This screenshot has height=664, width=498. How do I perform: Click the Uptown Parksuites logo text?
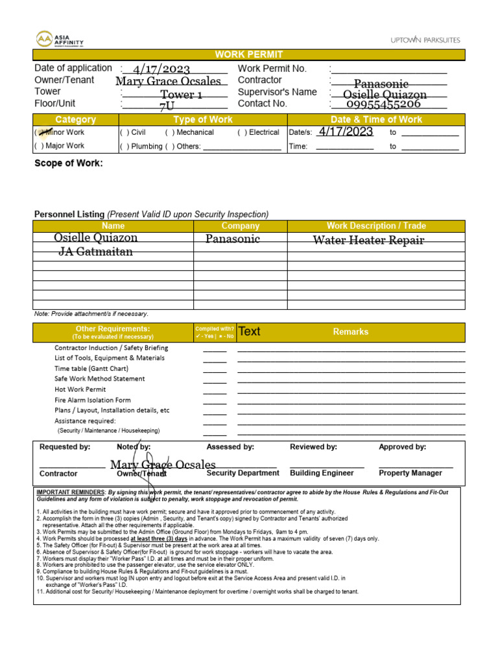pos(425,40)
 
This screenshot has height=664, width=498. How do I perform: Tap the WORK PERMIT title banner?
pos(249,55)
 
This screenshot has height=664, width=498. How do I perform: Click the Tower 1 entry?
pos(182,95)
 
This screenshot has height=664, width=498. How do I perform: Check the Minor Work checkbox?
pos(42,132)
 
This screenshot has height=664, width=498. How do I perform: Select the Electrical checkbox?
pos(242,132)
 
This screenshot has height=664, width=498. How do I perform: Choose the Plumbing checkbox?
pos(124,147)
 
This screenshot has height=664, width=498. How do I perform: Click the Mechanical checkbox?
pos(170,132)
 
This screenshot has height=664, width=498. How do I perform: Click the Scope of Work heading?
pos(68,163)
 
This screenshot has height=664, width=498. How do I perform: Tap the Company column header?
pos(240,226)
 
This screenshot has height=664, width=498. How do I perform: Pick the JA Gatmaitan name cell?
pos(96,252)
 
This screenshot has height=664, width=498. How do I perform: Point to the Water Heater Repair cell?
pos(368,240)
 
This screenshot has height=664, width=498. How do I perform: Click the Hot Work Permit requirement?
pos(80,390)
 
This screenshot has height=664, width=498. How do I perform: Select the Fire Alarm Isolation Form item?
pos(92,400)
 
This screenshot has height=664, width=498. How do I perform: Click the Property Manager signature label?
pos(410,473)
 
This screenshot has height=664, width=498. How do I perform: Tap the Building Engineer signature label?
pos(322,473)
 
